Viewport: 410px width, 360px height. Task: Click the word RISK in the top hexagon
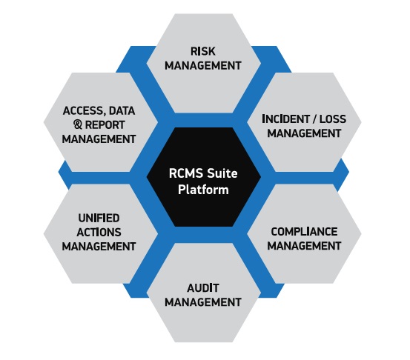(x=203, y=51)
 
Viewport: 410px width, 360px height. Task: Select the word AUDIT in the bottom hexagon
(x=203, y=288)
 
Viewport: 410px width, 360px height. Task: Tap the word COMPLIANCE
(x=304, y=231)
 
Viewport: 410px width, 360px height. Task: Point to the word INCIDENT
(x=285, y=119)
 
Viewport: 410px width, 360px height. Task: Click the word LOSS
(x=333, y=119)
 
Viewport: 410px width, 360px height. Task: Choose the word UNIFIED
(x=99, y=218)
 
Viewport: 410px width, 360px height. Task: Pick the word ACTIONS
(x=99, y=232)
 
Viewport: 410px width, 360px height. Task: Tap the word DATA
(x=122, y=111)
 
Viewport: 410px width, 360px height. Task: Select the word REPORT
(x=105, y=125)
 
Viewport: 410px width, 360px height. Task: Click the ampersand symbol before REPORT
(x=78, y=124)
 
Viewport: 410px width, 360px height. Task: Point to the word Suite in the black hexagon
(x=222, y=173)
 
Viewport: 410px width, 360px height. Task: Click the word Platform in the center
(x=203, y=190)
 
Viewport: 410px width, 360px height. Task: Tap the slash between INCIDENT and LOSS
(x=314, y=119)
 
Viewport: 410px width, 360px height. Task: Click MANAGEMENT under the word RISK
(x=203, y=65)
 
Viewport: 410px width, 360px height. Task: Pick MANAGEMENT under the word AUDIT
(x=203, y=302)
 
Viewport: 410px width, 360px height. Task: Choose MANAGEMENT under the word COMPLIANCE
(x=304, y=246)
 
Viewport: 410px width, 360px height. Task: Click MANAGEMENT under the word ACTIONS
(x=99, y=246)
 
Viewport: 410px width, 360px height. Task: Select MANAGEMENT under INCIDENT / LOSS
(x=304, y=133)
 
